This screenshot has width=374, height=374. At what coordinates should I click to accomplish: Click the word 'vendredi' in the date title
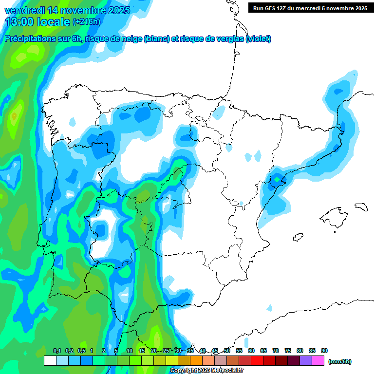(x=22, y=10)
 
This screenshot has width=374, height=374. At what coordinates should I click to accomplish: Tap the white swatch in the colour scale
(x=50, y=360)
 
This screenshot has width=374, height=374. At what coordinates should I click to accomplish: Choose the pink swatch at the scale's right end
(x=318, y=360)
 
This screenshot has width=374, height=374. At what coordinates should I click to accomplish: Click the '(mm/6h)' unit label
(x=340, y=361)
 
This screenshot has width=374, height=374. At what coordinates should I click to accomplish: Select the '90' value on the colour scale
(x=324, y=351)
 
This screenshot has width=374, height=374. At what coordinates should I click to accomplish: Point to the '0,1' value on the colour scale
(x=57, y=351)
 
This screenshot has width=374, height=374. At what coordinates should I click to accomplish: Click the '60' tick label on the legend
(x=251, y=351)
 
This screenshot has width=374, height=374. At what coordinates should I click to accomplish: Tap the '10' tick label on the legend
(x=130, y=351)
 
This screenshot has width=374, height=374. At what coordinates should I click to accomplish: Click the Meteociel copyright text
(x=206, y=370)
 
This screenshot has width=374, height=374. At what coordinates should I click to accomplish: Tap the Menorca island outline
(x=360, y=206)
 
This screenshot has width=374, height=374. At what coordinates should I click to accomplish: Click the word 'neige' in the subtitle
(x=131, y=39)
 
